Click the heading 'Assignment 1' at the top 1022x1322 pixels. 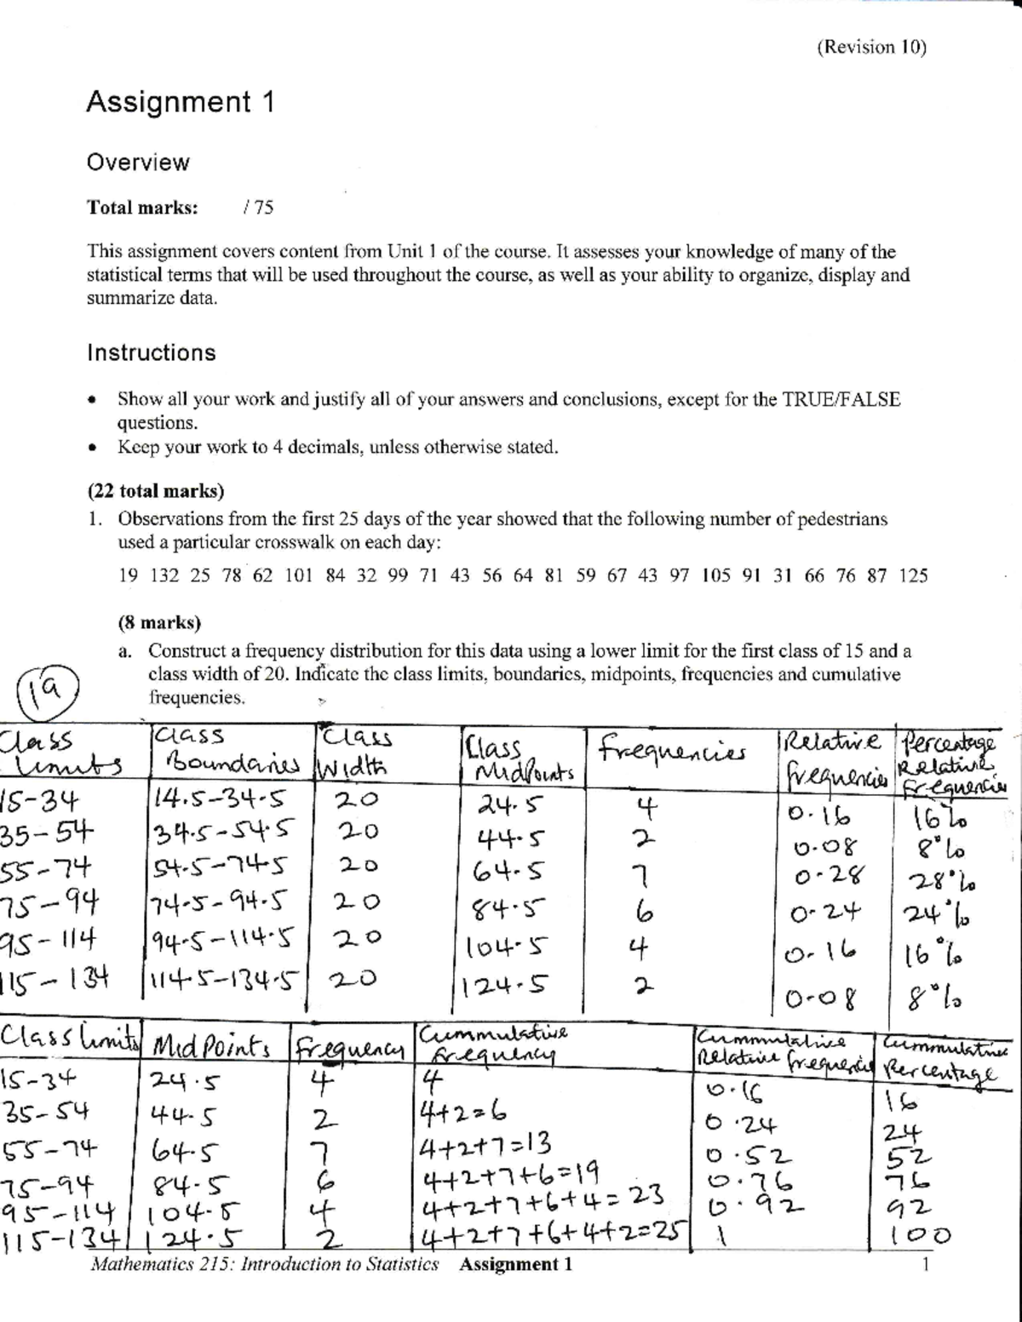[x=180, y=102]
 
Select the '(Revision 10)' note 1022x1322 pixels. [x=871, y=47]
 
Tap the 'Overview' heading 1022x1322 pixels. [x=138, y=163]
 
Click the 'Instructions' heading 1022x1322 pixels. [x=152, y=352]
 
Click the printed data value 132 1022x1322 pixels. [x=164, y=575]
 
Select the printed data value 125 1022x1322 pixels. [x=913, y=575]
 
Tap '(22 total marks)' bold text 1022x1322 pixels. [x=156, y=491]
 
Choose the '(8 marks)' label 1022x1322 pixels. [x=159, y=622]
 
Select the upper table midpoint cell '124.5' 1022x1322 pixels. [x=504, y=986]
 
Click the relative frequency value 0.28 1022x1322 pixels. [x=829, y=876]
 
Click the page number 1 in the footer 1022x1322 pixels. [x=925, y=1264]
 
